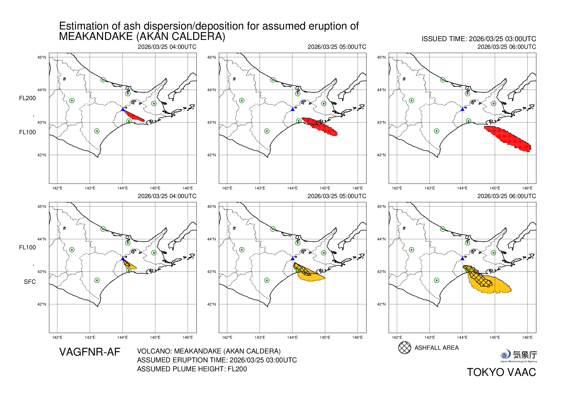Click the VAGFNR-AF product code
89,352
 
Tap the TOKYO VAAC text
501,372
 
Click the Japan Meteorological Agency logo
518,356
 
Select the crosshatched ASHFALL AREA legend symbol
404,348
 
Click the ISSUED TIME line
478,39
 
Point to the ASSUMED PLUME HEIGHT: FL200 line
192,369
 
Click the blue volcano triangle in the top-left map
123,109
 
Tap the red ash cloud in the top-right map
508,139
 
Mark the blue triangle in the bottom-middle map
292,259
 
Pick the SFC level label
30,282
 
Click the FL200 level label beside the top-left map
27,98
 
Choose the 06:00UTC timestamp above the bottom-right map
506,196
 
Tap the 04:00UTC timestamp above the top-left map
167,47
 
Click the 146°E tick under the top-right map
527,188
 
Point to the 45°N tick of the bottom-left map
41,206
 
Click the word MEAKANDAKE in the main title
96,37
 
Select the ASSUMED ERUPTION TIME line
217,360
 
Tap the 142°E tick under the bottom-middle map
227,338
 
